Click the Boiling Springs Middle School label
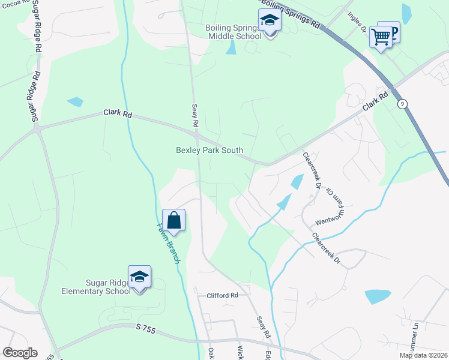[234, 32]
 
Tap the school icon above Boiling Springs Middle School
[270, 22]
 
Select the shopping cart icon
[381, 37]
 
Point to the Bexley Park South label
[209, 150]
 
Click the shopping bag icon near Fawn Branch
[173, 220]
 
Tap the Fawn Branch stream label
[169, 243]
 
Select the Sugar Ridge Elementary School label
[95, 287]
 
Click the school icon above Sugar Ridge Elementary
[139, 277]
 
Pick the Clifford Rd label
[223, 295]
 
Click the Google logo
[20, 353]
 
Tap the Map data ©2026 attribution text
[423, 355]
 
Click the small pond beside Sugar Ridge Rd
[75, 101]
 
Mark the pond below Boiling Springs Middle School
[231, 49]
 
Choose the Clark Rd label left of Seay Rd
[117, 113]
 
